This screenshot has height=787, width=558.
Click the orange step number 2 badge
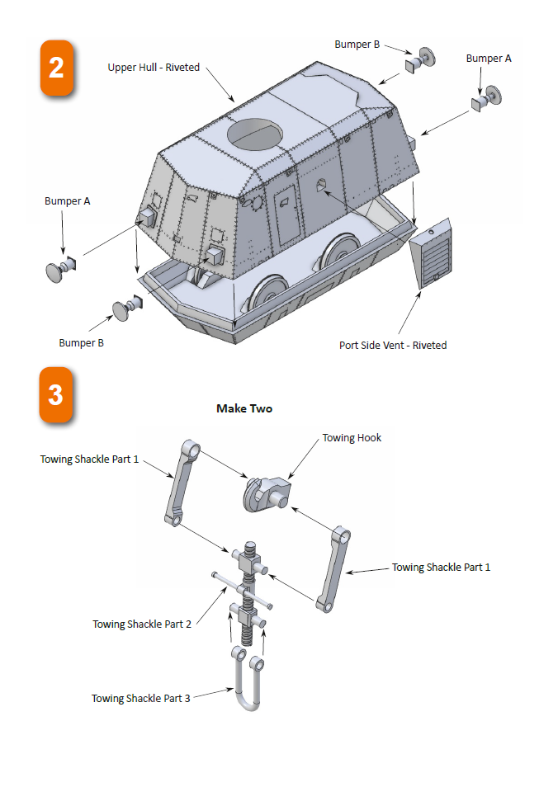[56, 67]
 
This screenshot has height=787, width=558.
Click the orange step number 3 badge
[56, 394]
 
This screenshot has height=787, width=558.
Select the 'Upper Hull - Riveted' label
[154, 67]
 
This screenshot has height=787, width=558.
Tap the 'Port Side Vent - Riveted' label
[393, 345]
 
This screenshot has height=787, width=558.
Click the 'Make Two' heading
[244, 408]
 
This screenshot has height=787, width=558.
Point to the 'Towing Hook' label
[352, 437]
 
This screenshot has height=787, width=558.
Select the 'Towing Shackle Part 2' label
[142, 624]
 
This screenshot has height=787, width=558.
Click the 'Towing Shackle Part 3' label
[141, 698]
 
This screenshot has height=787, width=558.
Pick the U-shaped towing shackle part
[247, 680]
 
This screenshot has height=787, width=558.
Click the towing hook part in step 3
[264, 493]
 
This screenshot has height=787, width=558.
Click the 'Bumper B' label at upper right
[357, 45]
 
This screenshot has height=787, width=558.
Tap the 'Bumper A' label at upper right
[489, 58]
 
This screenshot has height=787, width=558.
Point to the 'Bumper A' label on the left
[68, 200]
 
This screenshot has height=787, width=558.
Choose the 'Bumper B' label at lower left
[82, 342]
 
